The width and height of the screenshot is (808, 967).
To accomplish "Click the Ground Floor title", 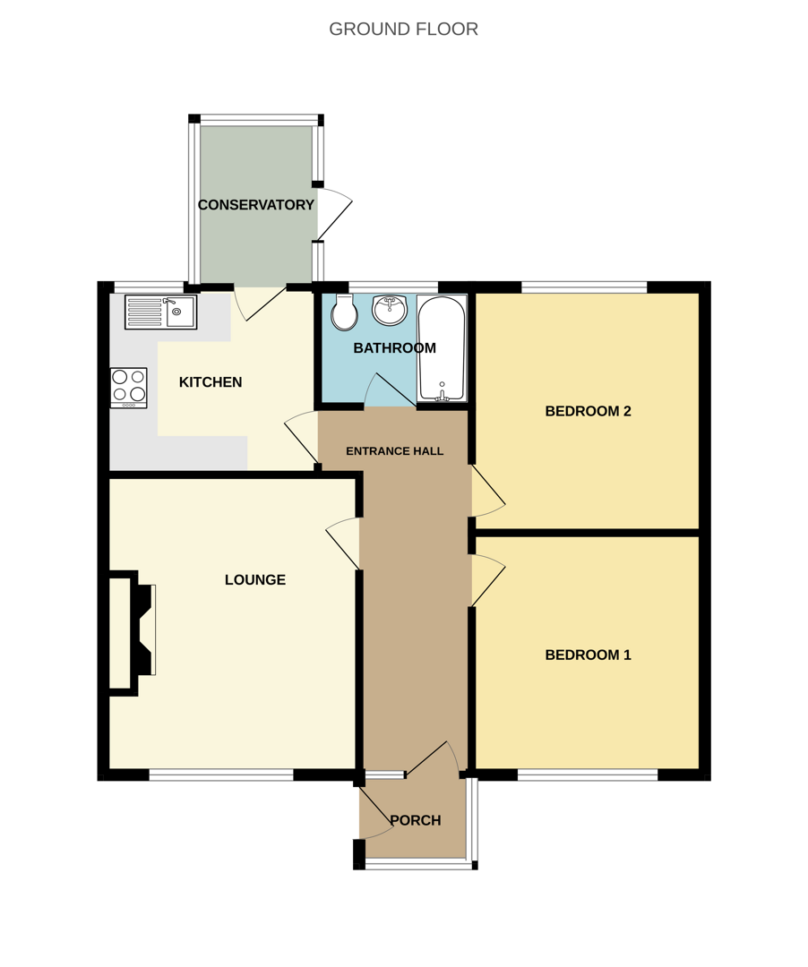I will (x=403, y=29).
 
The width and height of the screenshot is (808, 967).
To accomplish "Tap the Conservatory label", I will (x=256, y=205).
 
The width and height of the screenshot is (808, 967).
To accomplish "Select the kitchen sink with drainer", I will (x=160, y=312).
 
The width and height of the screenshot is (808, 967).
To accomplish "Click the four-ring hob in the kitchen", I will (x=128, y=387).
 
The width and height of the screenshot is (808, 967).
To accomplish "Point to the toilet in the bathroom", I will (x=344, y=312).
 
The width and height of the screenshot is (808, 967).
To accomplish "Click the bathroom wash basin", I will (x=390, y=310).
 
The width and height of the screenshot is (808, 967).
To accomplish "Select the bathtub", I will (x=442, y=347).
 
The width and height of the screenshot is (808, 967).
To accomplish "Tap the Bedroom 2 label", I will (x=588, y=411).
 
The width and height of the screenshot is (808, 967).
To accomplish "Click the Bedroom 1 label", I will (x=588, y=655).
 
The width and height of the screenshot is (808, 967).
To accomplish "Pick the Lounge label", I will (x=255, y=580).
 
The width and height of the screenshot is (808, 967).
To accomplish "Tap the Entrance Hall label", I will (x=394, y=451).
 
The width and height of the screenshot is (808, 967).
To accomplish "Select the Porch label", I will (x=415, y=820).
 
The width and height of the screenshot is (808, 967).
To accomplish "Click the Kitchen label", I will (x=211, y=382).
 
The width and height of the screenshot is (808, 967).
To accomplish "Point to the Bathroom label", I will (x=394, y=348).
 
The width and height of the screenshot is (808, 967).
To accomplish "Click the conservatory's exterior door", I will (x=333, y=216).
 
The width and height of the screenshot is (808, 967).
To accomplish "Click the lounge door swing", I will (x=343, y=543).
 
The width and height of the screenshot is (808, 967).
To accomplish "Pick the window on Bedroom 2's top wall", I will (x=584, y=287).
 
